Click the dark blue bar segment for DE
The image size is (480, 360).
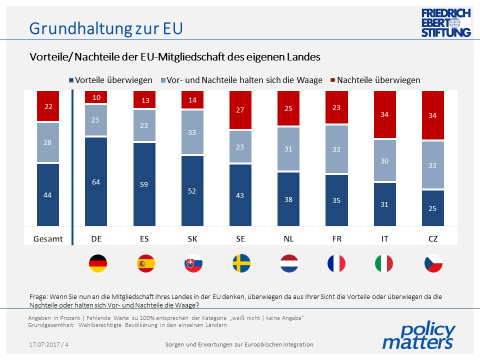(97, 181)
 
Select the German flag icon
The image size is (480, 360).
(97, 265)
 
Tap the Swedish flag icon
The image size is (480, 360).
(242, 265)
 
